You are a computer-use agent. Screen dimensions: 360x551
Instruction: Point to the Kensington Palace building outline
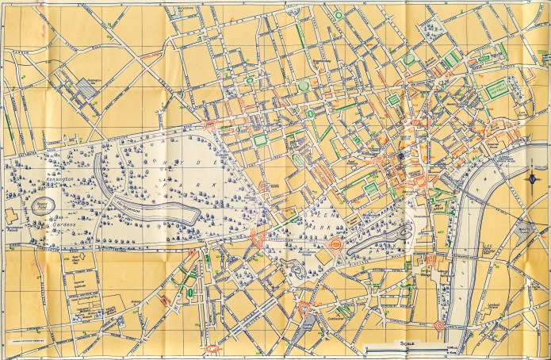tap(12, 216)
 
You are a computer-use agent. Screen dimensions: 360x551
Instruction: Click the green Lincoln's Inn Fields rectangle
tap(496, 88)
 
